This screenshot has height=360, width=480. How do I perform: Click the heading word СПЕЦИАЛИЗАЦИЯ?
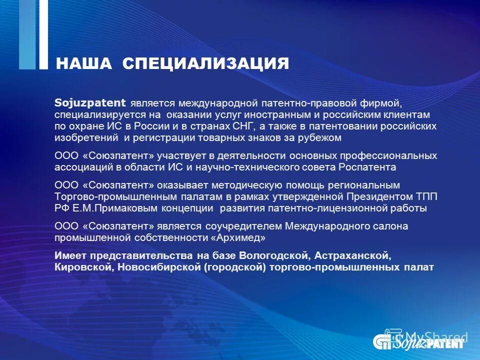pyautogui.click(x=205, y=63)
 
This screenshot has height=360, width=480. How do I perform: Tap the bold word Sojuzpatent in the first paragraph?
pyautogui.click(x=90, y=103)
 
